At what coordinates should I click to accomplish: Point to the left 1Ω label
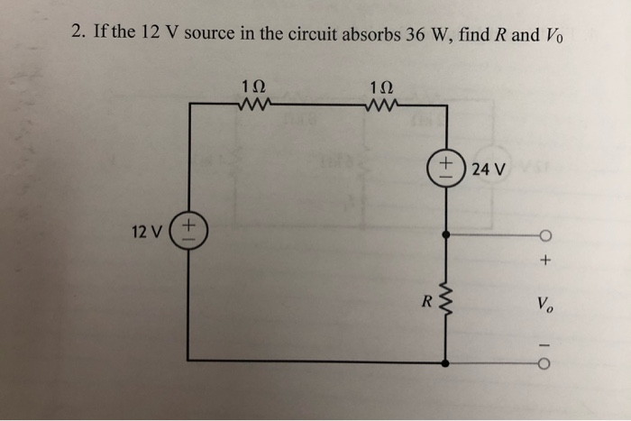254,87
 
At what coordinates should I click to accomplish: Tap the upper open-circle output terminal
545,236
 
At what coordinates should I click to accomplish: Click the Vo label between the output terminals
544,305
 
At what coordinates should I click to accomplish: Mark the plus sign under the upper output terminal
545,262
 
